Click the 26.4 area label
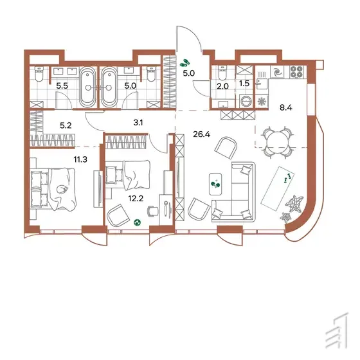coord(202,134)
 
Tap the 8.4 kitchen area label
coord(286,107)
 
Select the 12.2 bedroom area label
coord(136,199)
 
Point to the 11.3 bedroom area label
coord(80,159)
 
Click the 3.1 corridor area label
coord(138,123)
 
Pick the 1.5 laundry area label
coord(244,84)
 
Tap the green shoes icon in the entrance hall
coord(185,62)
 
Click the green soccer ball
coord(138,222)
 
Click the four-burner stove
coord(296,71)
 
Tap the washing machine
coord(246,101)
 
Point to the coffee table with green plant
coord(215,184)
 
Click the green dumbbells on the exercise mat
coord(287,179)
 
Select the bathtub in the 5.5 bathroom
coord(87,87)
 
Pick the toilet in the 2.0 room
coord(222,73)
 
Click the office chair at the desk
coord(153,211)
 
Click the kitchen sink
coord(261,84)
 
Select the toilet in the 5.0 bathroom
coord(151,74)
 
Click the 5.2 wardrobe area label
coord(66,125)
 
